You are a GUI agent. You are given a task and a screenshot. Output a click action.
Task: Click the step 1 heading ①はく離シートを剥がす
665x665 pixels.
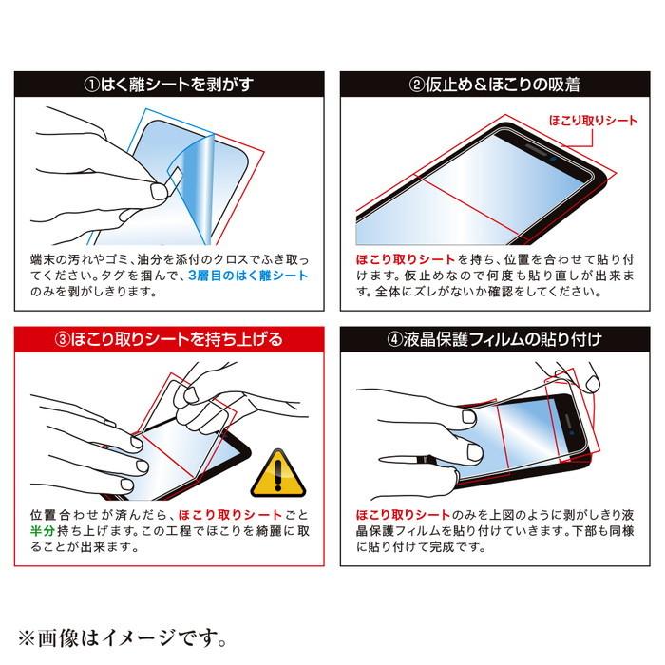[170, 84]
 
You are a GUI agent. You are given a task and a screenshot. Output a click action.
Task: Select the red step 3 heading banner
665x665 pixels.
[170, 339]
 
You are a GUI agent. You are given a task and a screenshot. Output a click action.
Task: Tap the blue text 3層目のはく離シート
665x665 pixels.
[249, 275]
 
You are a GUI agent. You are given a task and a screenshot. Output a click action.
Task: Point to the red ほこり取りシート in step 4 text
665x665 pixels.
[397, 514]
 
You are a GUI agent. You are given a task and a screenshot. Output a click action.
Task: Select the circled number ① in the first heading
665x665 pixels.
[92, 84]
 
